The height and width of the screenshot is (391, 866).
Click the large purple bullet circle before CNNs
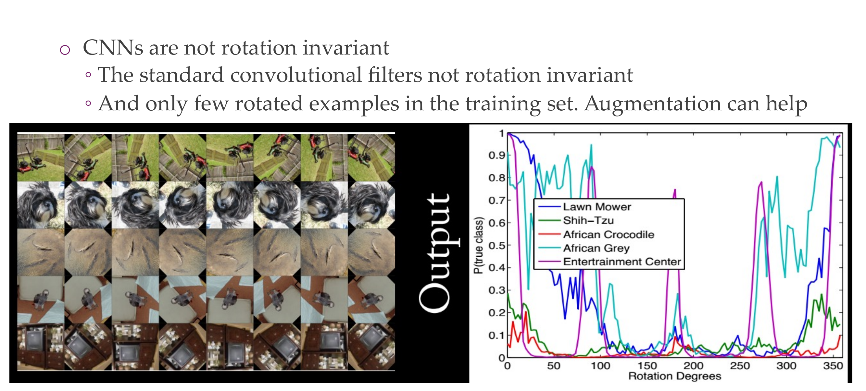pos(65,50)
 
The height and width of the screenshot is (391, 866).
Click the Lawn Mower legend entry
pos(597,207)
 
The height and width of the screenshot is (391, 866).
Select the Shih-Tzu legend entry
pos(588,221)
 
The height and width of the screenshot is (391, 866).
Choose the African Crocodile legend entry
pos(609,235)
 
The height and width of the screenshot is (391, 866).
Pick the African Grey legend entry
pos(596,248)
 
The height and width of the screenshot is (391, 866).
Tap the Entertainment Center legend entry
pos(622,262)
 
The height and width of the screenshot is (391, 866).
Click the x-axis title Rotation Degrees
pos(675,376)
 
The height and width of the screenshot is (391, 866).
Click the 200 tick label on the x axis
pos(693,365)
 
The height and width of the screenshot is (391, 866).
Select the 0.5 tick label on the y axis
pos(497,246)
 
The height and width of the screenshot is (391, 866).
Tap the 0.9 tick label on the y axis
pos(497,155)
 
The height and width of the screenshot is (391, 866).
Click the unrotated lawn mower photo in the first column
pos(41,158)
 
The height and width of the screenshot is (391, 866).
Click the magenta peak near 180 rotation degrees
pos(674,191)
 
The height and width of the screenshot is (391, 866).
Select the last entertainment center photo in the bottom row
pos(371,347)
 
